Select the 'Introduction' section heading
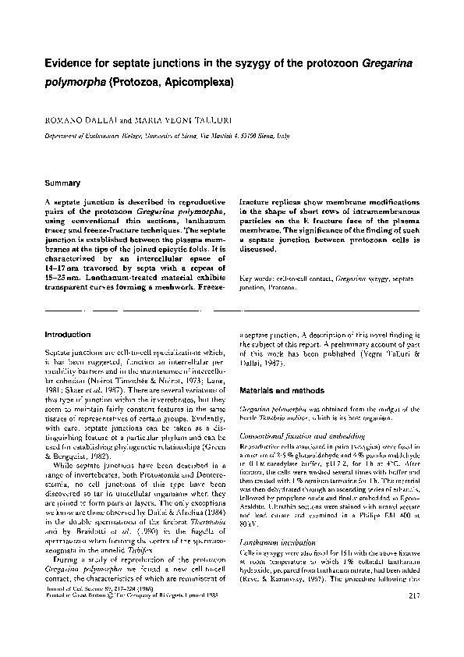pyautogui.click(x=68, y=335)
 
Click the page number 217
pyautogui.click(x=413, y=620)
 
